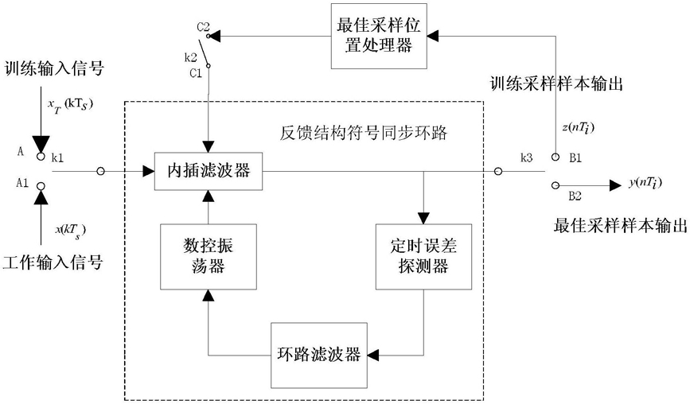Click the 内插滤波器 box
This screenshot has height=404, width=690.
coord(209,170)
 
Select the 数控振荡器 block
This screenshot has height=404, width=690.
coord(209,256)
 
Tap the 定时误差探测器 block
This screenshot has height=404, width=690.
coord(423,256)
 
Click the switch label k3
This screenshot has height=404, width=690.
coord(526,159)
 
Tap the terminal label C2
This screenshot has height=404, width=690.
coord(202,27)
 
